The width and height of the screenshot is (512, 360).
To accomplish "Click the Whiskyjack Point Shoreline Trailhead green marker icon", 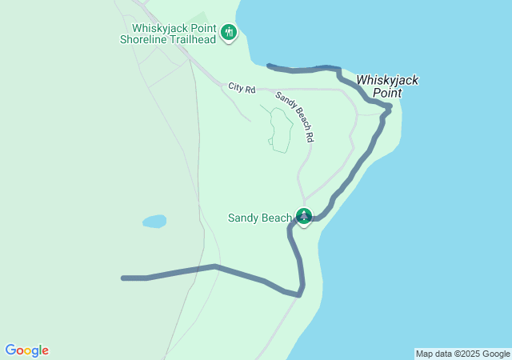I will click(229, 32).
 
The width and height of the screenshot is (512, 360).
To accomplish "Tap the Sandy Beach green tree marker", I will click(304, 215).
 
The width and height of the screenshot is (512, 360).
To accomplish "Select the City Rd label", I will click(241, 87).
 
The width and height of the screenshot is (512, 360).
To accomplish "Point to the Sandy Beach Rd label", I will click(294, 117).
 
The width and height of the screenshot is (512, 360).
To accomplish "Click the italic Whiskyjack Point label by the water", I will click(387, 86).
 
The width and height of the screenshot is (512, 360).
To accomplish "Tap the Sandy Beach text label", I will click(259, 218).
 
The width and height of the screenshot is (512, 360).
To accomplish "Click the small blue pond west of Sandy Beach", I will click(154, 221).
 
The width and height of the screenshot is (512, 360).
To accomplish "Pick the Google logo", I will click(26, 350).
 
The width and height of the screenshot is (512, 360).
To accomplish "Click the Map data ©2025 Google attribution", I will click(462, 354).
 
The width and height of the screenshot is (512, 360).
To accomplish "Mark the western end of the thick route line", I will click(123, 278).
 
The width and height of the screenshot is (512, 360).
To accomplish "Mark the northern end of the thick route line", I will click(268, 65).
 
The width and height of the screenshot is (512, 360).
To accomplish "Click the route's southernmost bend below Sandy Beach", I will click(299, 294).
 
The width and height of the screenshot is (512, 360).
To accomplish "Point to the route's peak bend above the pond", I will click(214, 266).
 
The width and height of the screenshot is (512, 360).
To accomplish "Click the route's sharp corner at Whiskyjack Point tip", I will click(390, 106).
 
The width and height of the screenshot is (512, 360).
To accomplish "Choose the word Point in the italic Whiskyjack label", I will click(387, 93).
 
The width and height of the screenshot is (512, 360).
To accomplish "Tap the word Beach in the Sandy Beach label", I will click(275, 218).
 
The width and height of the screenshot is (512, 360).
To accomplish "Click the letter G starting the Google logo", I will click(10, 350).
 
